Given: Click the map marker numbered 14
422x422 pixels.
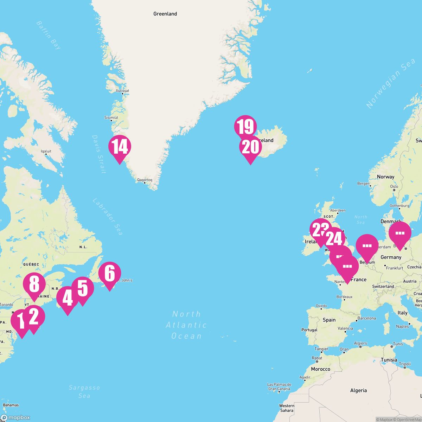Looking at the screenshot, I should [x=120, y=147].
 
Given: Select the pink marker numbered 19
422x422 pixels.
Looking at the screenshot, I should [x=245, y=127].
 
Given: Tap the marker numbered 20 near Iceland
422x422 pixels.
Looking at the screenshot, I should [x=250, y=148].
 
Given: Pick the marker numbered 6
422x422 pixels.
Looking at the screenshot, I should [x=110, y=274].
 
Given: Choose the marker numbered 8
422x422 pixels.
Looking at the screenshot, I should [x=34, y=284].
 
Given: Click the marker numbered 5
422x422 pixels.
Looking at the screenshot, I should [x=83, y=288].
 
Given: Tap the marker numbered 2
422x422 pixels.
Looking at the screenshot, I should [x=34, y=317].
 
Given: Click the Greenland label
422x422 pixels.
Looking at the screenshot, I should [x=165, y=14].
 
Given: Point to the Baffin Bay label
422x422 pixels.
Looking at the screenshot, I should [x=49, y=35].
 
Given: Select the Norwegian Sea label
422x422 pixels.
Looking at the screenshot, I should [x=390, y=84].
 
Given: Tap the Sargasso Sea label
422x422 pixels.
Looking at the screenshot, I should [x=84, y=391].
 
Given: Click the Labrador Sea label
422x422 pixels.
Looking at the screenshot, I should [x=108, y=217].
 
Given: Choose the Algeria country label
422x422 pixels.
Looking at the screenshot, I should [x=358, y=390].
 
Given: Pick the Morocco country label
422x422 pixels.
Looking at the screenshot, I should [x=320, y=369].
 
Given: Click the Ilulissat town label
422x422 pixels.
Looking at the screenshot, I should [x=122, y=91].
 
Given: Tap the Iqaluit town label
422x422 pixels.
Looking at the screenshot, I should [x=46, y=152].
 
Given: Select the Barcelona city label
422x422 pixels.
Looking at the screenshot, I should [x=366, y=318].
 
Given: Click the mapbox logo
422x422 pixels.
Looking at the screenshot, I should [x=15, y=417].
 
